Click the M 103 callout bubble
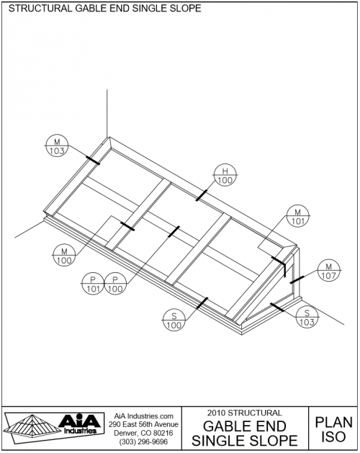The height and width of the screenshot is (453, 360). pyautogui.click(x=56, y=145)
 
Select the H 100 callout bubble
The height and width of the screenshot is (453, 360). pyautogui.click(x=225, y=175)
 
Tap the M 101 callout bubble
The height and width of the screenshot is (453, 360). pyautogui.click(x=297, y=216)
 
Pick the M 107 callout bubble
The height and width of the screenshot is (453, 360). pyautogui.click(x=328, y=270)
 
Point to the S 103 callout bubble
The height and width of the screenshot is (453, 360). pyautogui.click(x=307, y=317)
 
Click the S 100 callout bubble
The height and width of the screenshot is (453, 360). pyautogui.click(x=174, y=320)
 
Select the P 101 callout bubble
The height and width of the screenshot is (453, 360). pyautogui.click(x=93, y=284)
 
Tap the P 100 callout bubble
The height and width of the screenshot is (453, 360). pyautogui.click(x=114, y=284)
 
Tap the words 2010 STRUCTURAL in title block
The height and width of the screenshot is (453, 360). pyautogui.click(x=243, y=413)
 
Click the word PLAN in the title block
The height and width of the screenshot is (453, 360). pyautogui.click(x=333, y=423)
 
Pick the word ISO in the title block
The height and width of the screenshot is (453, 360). pyautogui.click(x=333, y=436)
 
